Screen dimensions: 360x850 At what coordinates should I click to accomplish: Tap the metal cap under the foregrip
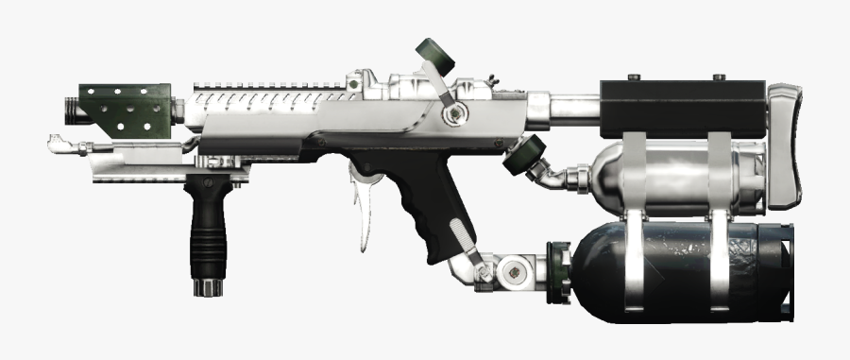click(x=206, y=287)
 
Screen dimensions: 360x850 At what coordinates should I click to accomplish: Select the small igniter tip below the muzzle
click(x=57, y=144)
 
